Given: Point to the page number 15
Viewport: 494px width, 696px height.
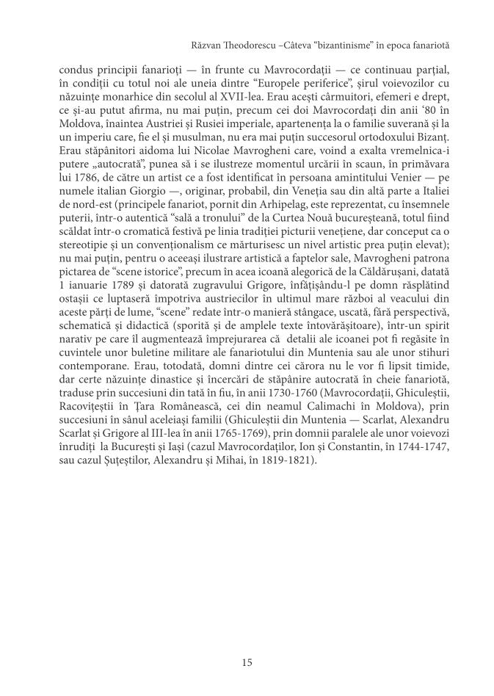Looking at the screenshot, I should (247, 662).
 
